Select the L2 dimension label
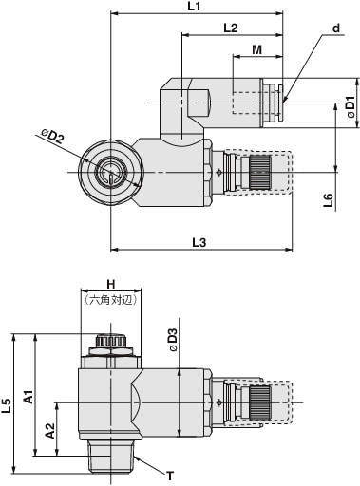[231, 28]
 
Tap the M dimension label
[257, 49]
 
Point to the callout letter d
[336, 28]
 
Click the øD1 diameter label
[352, 105]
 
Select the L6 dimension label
[329, 200]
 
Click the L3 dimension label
[199, 243]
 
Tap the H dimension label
[110, 284]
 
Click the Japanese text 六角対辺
[110, 300]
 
